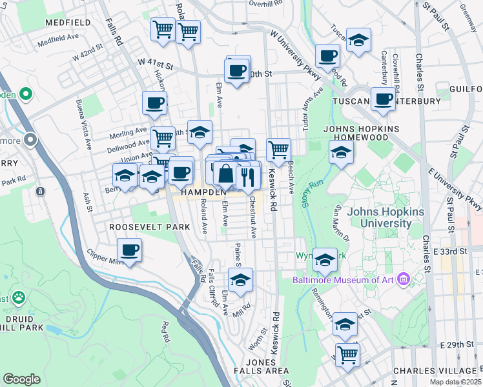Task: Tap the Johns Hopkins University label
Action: click(x=379, y=218)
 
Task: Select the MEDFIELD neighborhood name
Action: click(x=68, y=22)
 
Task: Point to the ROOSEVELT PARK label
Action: click(x=149, y=227)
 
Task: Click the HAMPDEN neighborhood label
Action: click(x=203, y=192)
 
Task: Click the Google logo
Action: click(x=21, y=379)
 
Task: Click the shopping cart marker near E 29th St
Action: click(x=347, y=353)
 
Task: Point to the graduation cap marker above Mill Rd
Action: click(x=240, y=280)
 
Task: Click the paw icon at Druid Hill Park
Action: click(x=19, y=298)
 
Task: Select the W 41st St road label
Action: click(x=156, y=66)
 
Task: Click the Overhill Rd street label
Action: click(x=266, y=3)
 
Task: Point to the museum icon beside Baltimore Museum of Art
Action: click(x=404, y=279)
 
